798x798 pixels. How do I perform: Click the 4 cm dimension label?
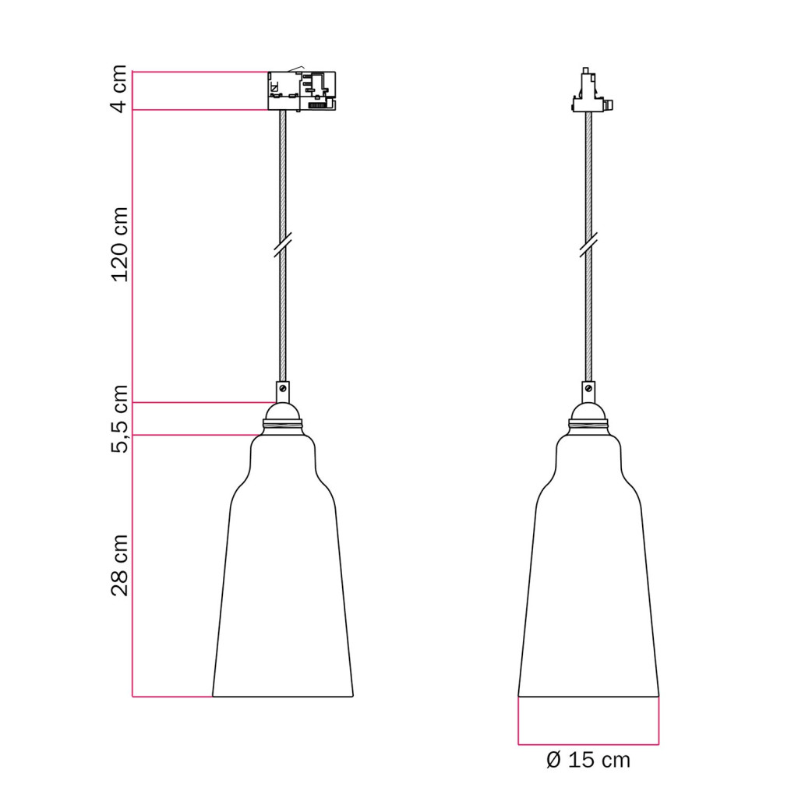click(x=119, y=89)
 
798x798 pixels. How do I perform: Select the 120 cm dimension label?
click(x=119, y=244)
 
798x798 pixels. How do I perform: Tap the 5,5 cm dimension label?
click(x=119, y=418)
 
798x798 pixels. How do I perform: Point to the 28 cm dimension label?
click(x=119, y=565)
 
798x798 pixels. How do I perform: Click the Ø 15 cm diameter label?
click(x=588, y=761)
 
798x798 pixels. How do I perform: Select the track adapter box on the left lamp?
click(x=302, y=90)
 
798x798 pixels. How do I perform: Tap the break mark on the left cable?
click(x=282, y=245)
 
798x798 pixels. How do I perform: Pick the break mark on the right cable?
click(x=588, y=245)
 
